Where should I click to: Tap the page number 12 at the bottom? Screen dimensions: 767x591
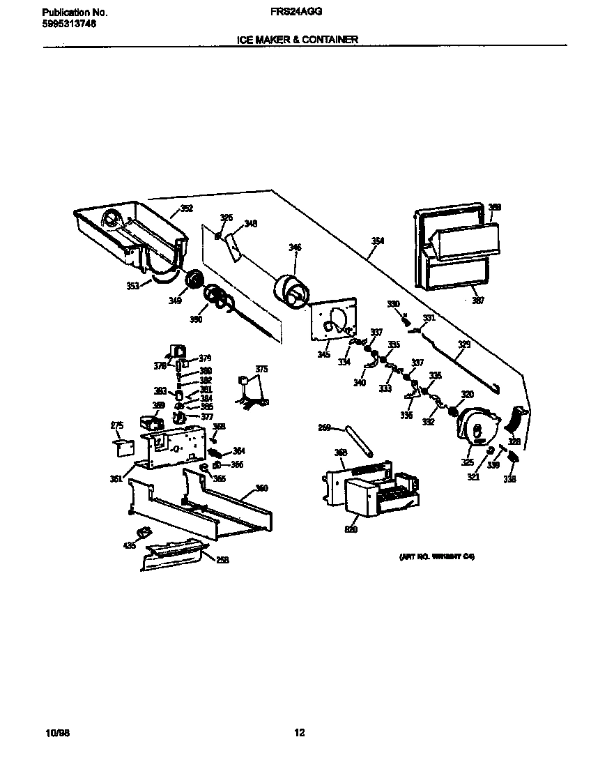299,732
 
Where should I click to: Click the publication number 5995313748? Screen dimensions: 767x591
69,23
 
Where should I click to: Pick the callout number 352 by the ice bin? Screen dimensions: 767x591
187,208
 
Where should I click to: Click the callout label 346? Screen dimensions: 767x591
295,247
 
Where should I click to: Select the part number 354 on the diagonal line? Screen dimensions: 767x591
377,241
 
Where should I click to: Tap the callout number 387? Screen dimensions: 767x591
478,301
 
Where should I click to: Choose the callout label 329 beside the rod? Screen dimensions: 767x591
463,344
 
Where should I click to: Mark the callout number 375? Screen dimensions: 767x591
261,369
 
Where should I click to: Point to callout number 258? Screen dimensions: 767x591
222,559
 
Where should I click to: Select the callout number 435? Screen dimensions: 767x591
130,545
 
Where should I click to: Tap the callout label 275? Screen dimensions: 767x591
117,425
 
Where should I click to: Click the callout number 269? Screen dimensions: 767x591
323,428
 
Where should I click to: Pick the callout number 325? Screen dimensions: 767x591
467,462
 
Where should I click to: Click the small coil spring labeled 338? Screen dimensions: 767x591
513,457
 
